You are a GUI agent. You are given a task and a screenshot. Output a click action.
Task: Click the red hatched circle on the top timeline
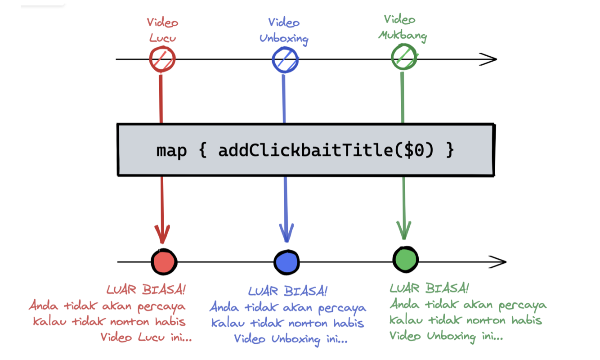[162, 59]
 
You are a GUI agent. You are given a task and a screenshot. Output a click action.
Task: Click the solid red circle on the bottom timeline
[163, 261]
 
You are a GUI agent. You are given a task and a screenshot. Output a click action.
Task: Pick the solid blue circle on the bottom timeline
[287, 261]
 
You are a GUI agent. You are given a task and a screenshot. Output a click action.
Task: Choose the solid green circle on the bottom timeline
[405, 259]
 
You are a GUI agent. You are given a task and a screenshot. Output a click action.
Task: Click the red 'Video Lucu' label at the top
[163, 30]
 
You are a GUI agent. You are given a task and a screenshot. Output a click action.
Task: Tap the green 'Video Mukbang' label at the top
[402, 28]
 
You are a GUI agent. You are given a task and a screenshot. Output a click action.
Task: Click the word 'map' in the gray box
[171, 151]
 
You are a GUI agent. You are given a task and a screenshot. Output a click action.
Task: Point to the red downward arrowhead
[162, 234]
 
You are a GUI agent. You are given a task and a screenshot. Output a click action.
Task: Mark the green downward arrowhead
[404, 230]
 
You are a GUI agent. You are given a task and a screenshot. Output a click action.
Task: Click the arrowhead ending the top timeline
[489, 59]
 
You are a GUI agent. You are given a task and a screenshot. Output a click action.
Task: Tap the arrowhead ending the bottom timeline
[498, 261]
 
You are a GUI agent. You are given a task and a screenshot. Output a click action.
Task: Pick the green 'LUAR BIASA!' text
[429, 288]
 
